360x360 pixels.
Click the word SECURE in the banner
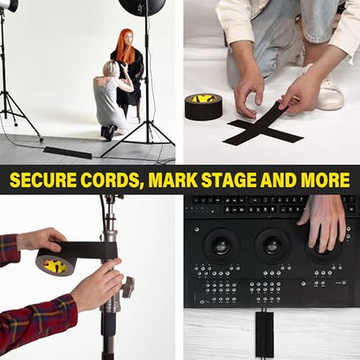pyautogui.click(x=43, y=180)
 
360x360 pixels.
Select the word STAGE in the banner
pyautogui.click(x=228, y=180)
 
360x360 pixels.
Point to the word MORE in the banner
pyautogui.click(x=325, y=180)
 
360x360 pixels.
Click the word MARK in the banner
pyautogui.click(x=173, y=180)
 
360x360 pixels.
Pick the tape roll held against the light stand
pyautogui.click(x=55, y=261)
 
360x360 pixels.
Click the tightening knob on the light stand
pyautogui.click(x=127, y=286)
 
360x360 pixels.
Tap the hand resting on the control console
pyautogui.click(x=325, y=222)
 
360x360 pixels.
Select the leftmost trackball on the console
pyautogui.click(x=221, y=246)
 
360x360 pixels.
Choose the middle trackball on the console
pyautogui.click(x=273, y=246)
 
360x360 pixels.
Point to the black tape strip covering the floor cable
pyautogui.click(x=67, y=152)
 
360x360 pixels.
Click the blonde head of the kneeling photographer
pyautogui.click(x=110, y=68)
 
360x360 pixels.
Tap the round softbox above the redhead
pyautogui.click(x=143, y=4)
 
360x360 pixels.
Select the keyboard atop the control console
pyautogui.click(x=271, y=204)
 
